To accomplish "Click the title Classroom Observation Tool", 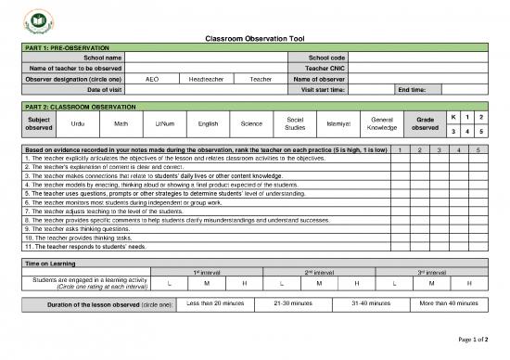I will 254,38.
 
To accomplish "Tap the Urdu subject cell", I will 78,123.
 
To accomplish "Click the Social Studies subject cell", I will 296,123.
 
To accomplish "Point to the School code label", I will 320,58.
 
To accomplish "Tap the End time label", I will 412,89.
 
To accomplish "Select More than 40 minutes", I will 449,303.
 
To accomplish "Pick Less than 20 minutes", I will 215,303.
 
